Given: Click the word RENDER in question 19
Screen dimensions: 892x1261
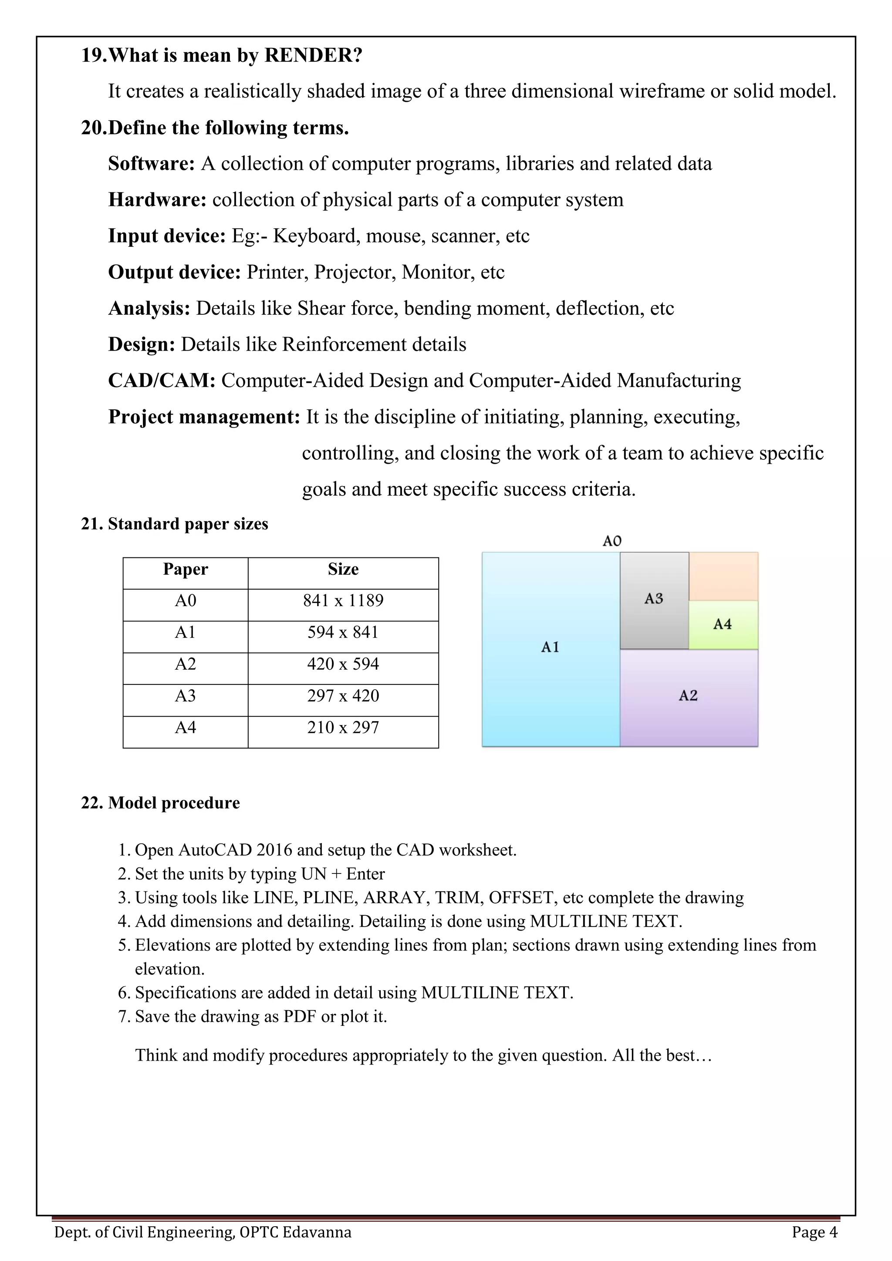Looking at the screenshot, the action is pyautogui.click(x=313, y=55).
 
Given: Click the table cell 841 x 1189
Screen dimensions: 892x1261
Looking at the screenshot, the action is pyautogui.click(x=343, y=600).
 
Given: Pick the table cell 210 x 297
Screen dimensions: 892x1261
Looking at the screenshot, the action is pyautogui.click(x=343, y=727).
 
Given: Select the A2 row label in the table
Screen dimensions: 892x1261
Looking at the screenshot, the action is pyautogui.click(x=185, y=664).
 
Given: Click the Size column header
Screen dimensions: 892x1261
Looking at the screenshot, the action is pyautogui.click(x=343, y=569).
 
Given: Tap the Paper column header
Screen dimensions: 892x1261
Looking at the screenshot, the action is pyautogui.click(x=185, y=569).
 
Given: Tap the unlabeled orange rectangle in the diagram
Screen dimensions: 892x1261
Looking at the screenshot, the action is pyautogui.click(x=723, y=576).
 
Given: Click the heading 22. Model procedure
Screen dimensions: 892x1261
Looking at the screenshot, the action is pyautogui.click(x=160, y=803).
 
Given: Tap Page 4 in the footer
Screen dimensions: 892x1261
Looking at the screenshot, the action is pyautogui.click(x=814, y=1232).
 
